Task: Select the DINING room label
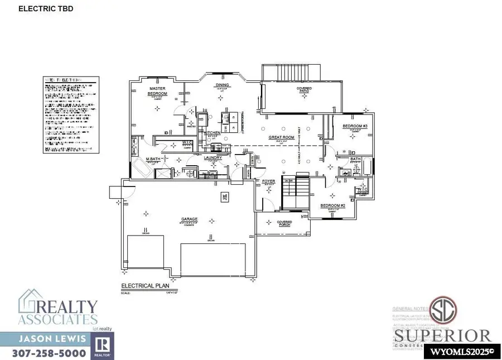click(223, 85)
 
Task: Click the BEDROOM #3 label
click(353, 126)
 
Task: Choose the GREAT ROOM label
click(280, 137)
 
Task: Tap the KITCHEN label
click(213, 133)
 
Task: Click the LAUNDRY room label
click(213, 158)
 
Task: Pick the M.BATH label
click(153, 160)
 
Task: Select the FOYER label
click(269, 181)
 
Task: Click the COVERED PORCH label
click(284, 223)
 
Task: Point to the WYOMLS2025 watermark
click(462, 352)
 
